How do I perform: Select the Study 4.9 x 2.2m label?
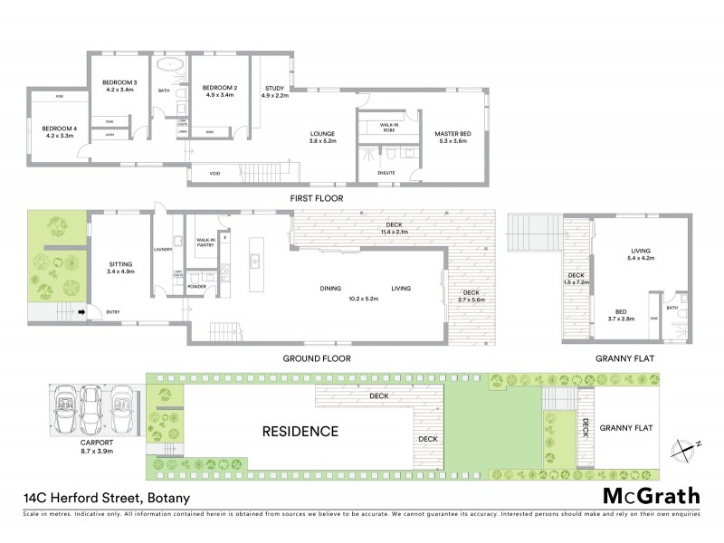[x=274, y=90]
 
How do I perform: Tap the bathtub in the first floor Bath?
[x=169, y=67]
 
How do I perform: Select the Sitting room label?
[x=119, y=267]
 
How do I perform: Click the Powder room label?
[x=197, y=287]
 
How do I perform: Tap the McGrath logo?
[x=651, y=496]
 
